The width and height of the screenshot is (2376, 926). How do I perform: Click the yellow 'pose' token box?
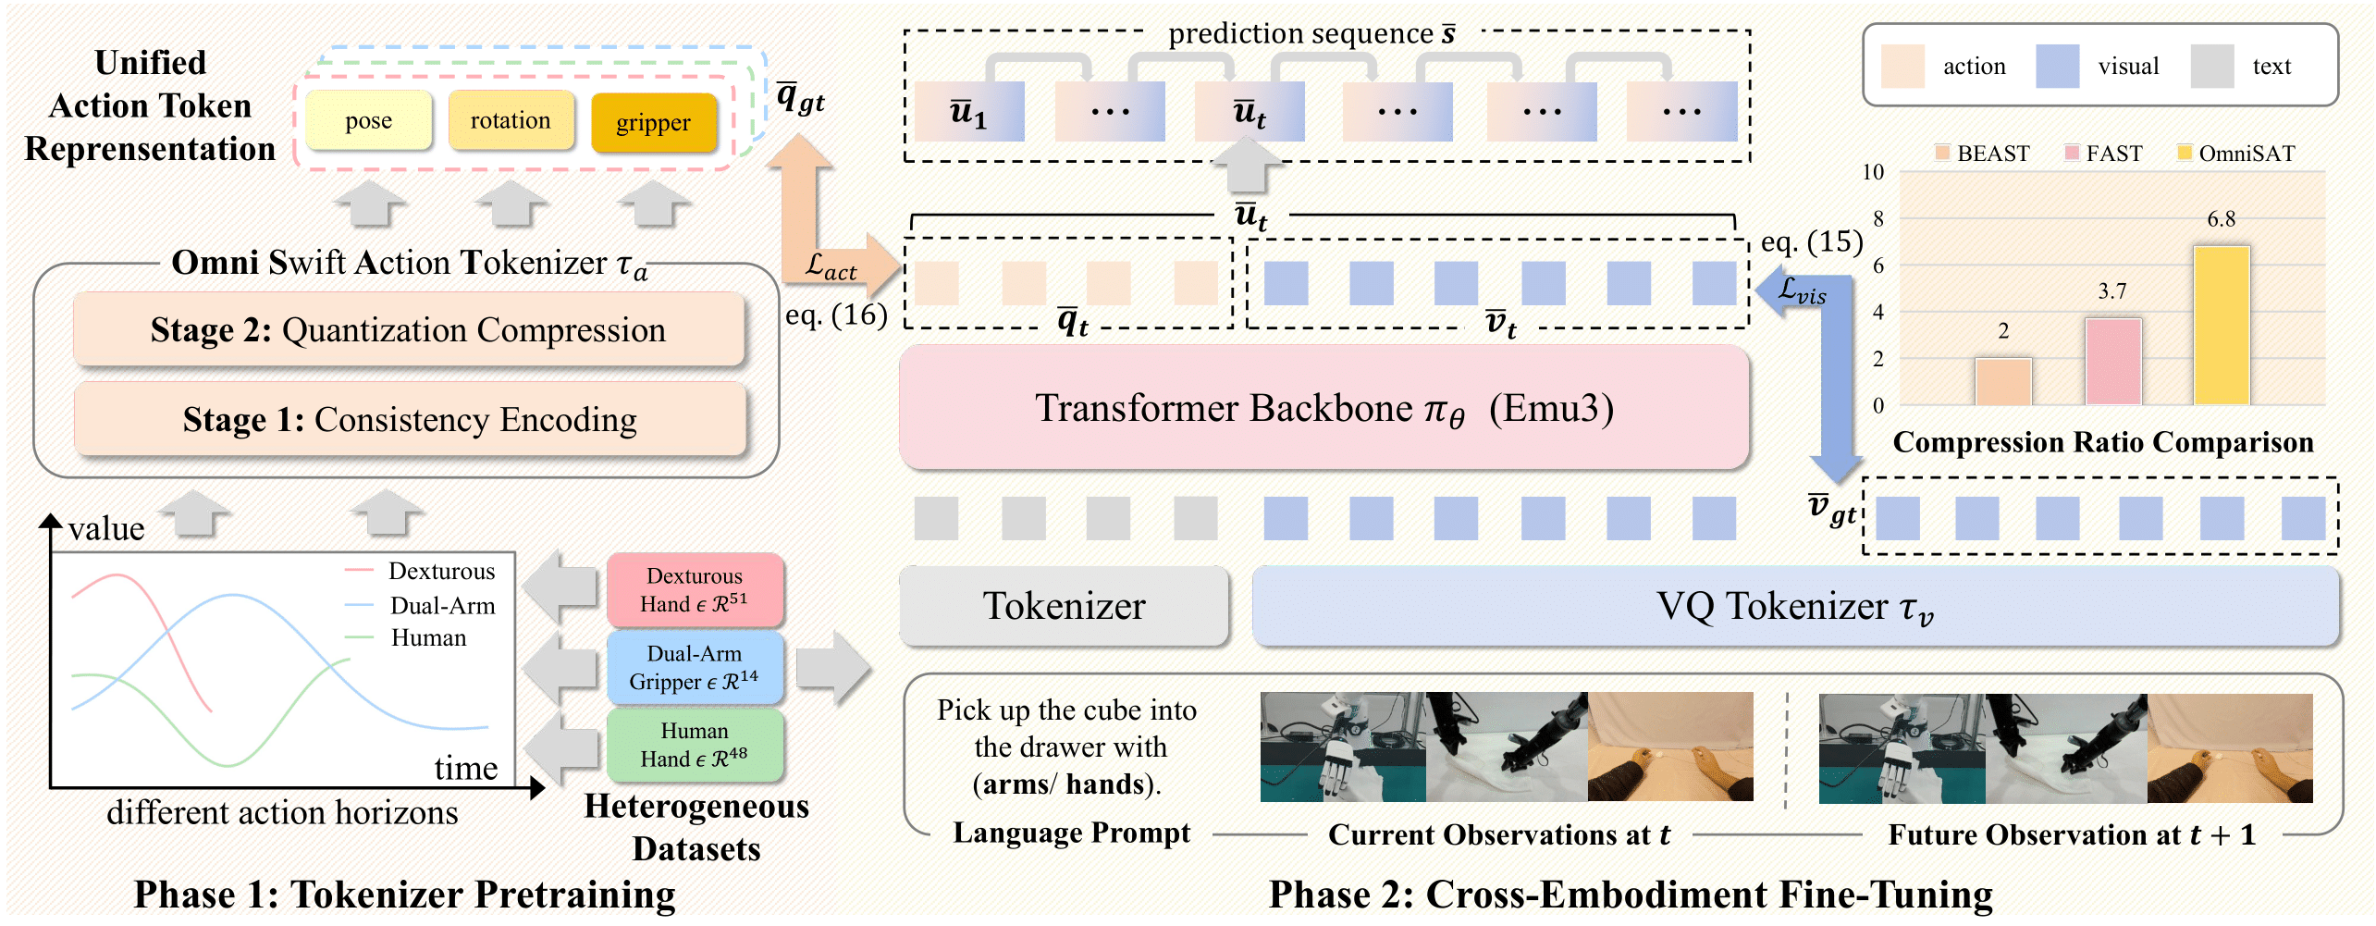tap(368, 121)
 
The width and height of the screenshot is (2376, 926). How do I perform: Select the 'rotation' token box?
tap(511, 121)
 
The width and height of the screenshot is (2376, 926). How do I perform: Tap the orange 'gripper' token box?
tap(653, 123)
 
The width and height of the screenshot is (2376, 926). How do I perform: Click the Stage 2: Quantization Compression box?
tap(408, 330)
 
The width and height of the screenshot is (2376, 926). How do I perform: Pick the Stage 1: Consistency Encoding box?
tap(409, 420)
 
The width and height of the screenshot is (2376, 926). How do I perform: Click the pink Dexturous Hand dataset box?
tap(695, 590)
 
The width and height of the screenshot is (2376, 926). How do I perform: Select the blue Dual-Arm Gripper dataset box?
tap(695, 668)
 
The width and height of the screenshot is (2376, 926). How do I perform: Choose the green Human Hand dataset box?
tap(695, 745)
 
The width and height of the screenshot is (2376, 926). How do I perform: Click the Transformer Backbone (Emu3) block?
tap(1323, 408)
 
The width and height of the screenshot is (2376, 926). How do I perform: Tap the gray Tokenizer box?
tap(1064, 606)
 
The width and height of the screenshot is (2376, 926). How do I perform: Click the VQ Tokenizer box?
tap(1794, 606)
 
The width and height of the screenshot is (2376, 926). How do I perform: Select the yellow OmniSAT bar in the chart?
tap(2221, 326)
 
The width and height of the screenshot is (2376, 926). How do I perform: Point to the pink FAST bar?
tap(2112, 362)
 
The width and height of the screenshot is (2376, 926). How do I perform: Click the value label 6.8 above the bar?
tap(2221, 219)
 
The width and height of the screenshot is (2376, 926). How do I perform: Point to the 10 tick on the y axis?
tap(1872, 172)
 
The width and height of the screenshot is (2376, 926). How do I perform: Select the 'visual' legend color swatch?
tap(2057, 67)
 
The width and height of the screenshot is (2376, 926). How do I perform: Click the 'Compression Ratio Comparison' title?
tap(2102, 442)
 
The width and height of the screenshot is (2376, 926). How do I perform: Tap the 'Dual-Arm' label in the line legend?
tap(442, 606)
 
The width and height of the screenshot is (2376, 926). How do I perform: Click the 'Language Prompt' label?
tap(1071, 833)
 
